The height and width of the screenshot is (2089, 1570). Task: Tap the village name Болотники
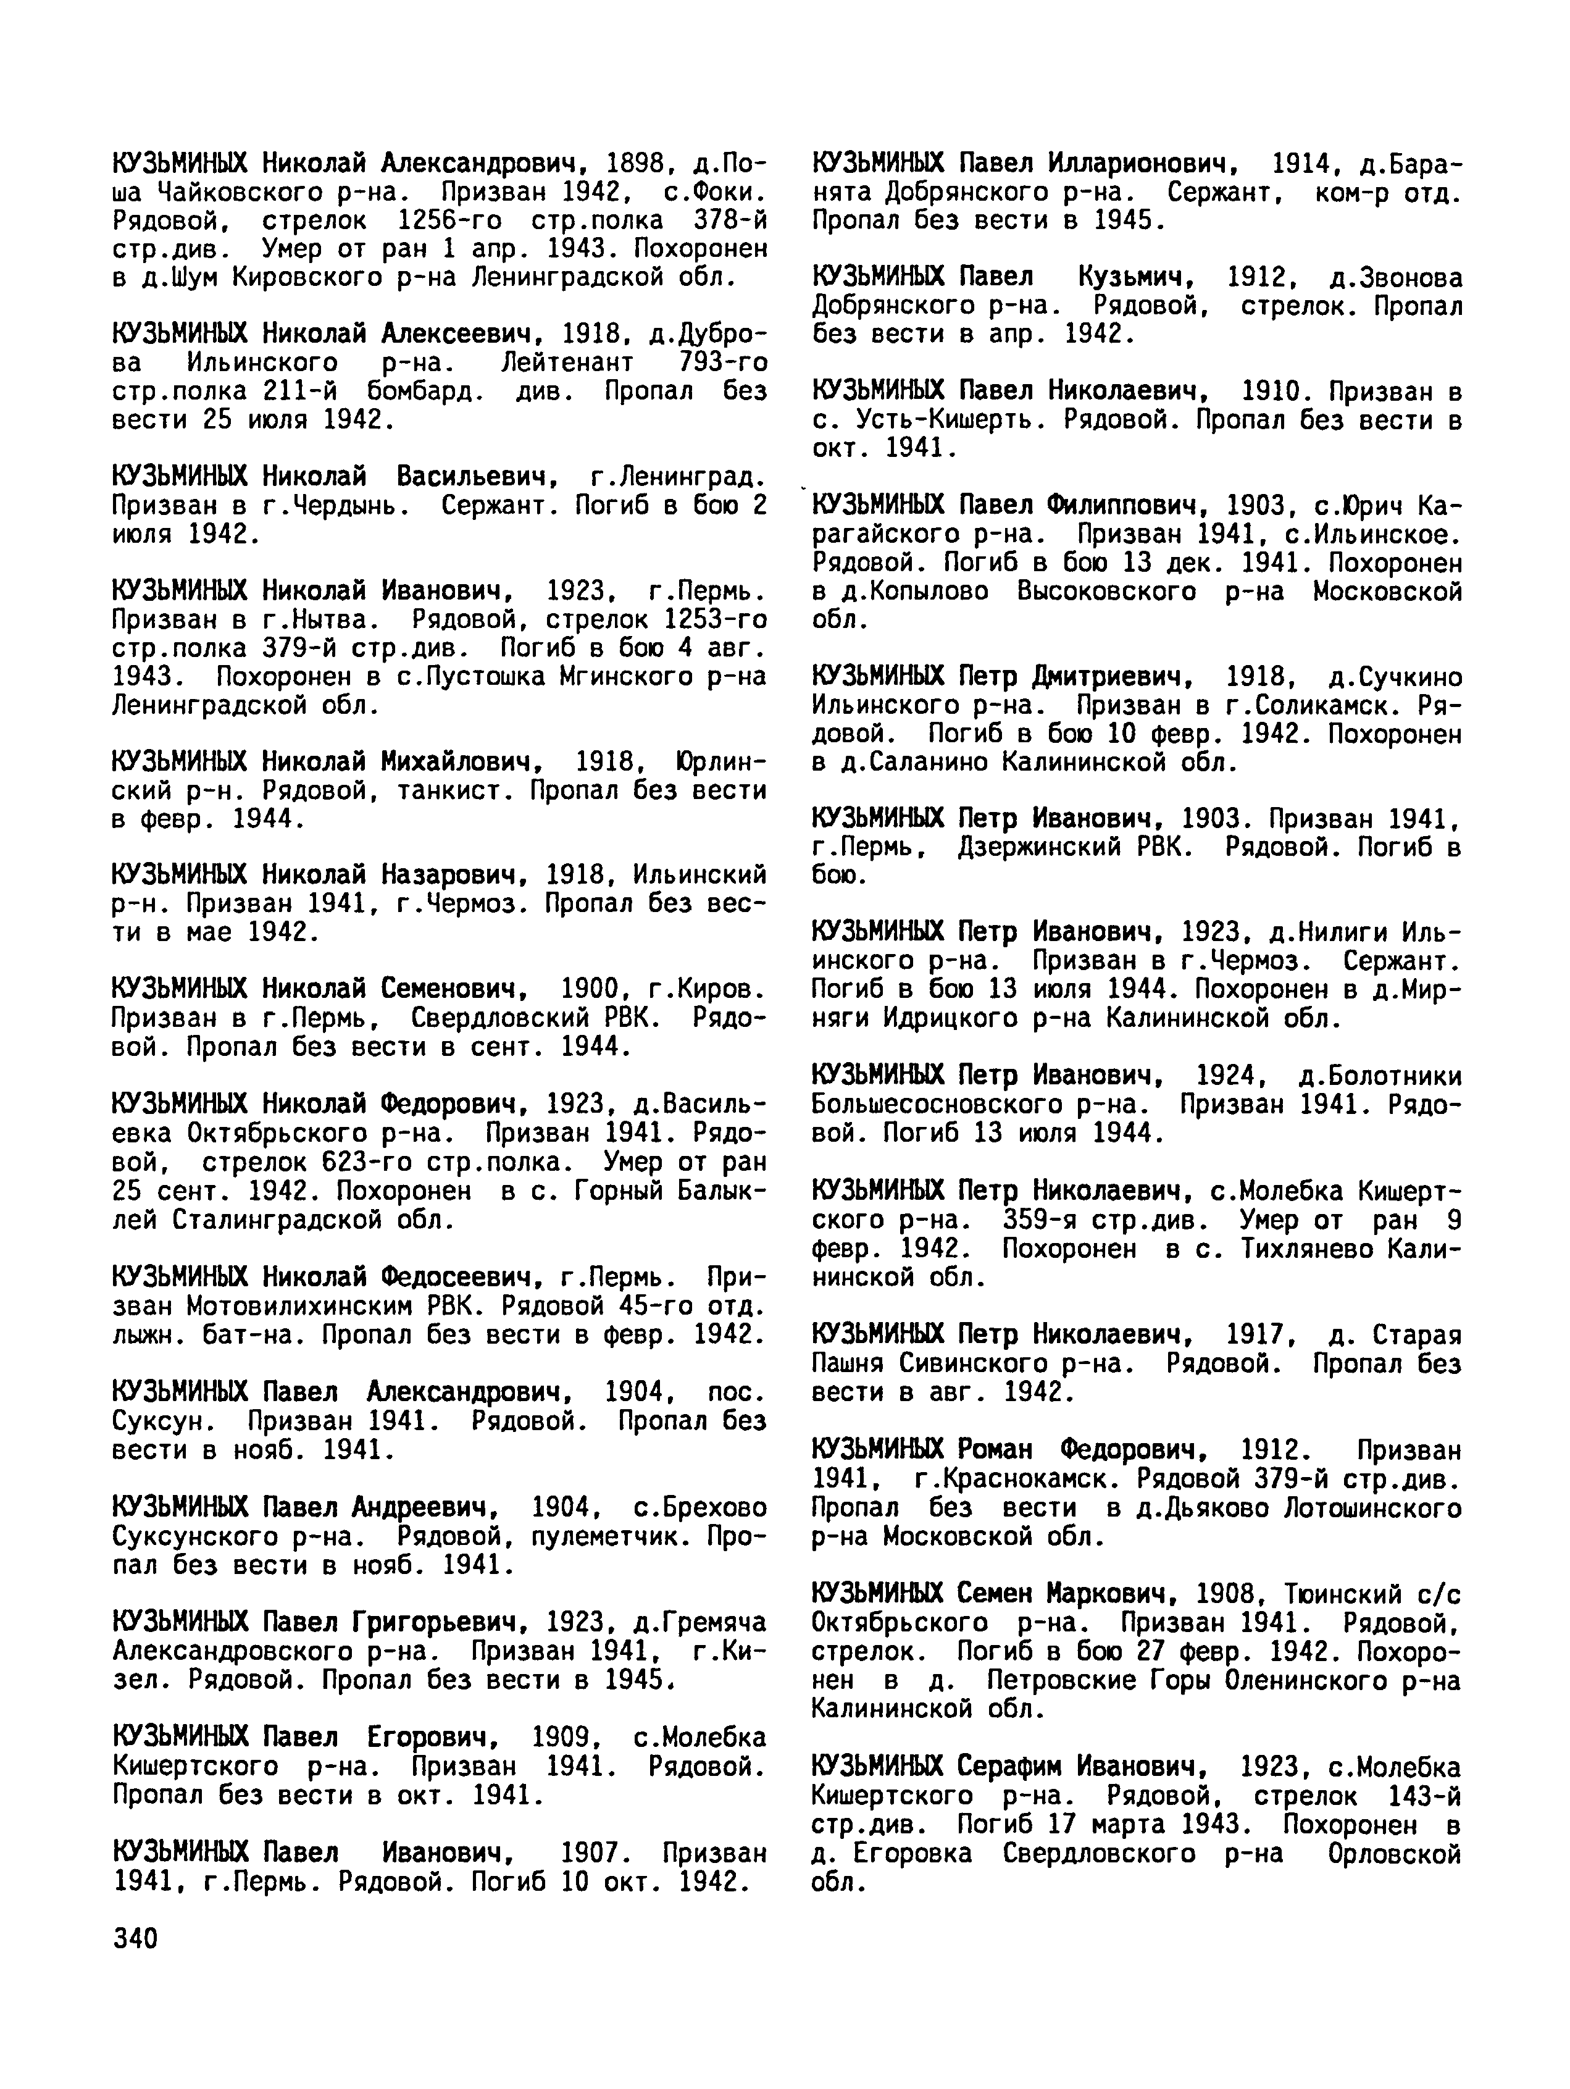click(1380, 1076)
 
